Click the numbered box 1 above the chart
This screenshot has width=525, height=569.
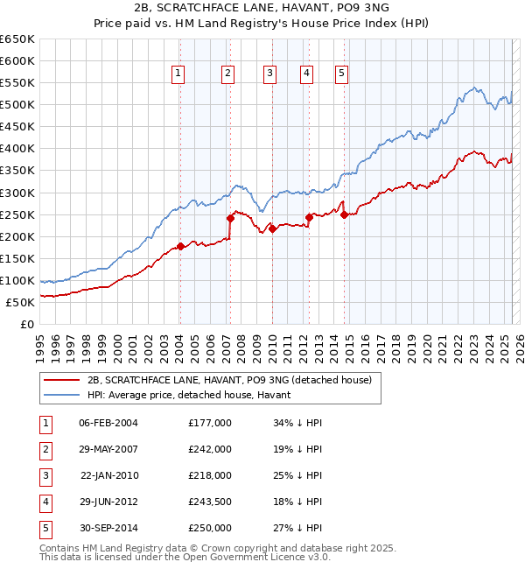178,74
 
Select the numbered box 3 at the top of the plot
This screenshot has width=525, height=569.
270,74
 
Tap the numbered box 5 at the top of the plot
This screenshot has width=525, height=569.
340,74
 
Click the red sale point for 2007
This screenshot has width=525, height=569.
230,218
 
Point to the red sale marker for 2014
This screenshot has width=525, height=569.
344,214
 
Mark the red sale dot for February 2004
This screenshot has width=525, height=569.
180,246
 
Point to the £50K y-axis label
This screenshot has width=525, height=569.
21,302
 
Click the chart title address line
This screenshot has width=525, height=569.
262,10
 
